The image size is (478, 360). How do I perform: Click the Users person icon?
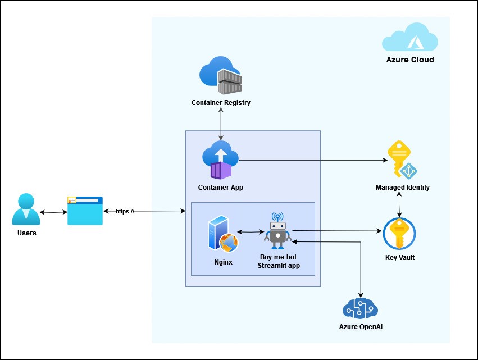26,209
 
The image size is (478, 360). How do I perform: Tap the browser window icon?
85,211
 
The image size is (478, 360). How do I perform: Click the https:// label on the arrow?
125,211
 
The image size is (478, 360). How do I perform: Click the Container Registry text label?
221,103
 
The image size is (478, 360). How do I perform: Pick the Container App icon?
221,160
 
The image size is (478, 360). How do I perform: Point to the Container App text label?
221,187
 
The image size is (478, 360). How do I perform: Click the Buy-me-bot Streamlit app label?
279,261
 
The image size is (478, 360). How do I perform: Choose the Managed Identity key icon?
402,160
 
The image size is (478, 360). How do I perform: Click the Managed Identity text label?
402,187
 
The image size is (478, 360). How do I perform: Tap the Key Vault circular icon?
399,233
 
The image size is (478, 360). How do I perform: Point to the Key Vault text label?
399,258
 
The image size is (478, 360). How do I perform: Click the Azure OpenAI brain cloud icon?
360,308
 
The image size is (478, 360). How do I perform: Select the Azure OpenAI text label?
361,326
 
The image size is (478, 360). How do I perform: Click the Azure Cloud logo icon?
409,38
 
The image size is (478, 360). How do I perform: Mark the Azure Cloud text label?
409,60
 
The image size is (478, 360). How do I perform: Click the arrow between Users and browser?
53,212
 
